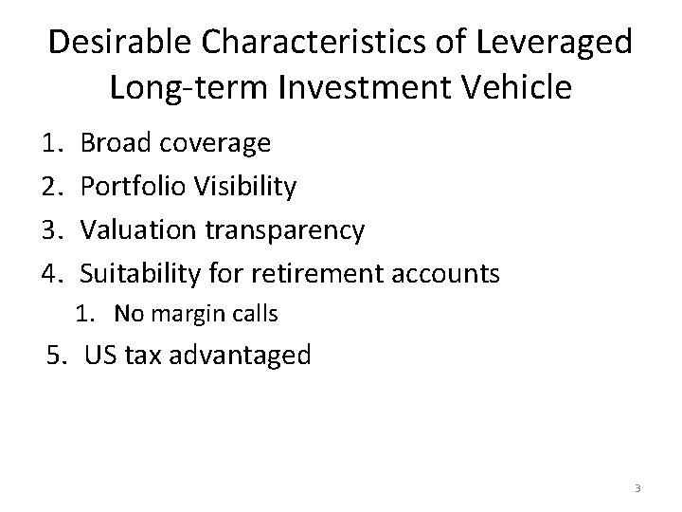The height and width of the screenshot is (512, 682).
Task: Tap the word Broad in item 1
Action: pos(116,143)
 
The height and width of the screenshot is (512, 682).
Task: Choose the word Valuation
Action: pos(137,230)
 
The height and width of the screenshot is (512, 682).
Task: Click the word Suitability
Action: pos(140,275)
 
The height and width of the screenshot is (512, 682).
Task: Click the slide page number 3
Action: pos(637,488)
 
